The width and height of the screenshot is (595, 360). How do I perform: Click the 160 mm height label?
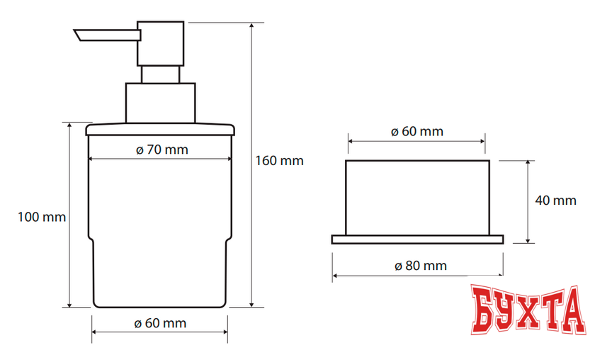279,161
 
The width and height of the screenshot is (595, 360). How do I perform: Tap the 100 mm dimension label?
42,217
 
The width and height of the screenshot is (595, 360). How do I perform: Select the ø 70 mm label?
162,150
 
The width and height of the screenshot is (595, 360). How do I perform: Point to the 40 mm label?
555,200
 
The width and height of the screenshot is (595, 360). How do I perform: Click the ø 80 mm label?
421,266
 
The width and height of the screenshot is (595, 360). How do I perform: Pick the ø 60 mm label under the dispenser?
160,323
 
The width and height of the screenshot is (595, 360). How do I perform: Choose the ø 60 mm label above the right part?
417,131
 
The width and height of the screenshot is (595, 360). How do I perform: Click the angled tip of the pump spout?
78,35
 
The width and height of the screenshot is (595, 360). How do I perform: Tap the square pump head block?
161,44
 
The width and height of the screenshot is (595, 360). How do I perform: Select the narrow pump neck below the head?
161,74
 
